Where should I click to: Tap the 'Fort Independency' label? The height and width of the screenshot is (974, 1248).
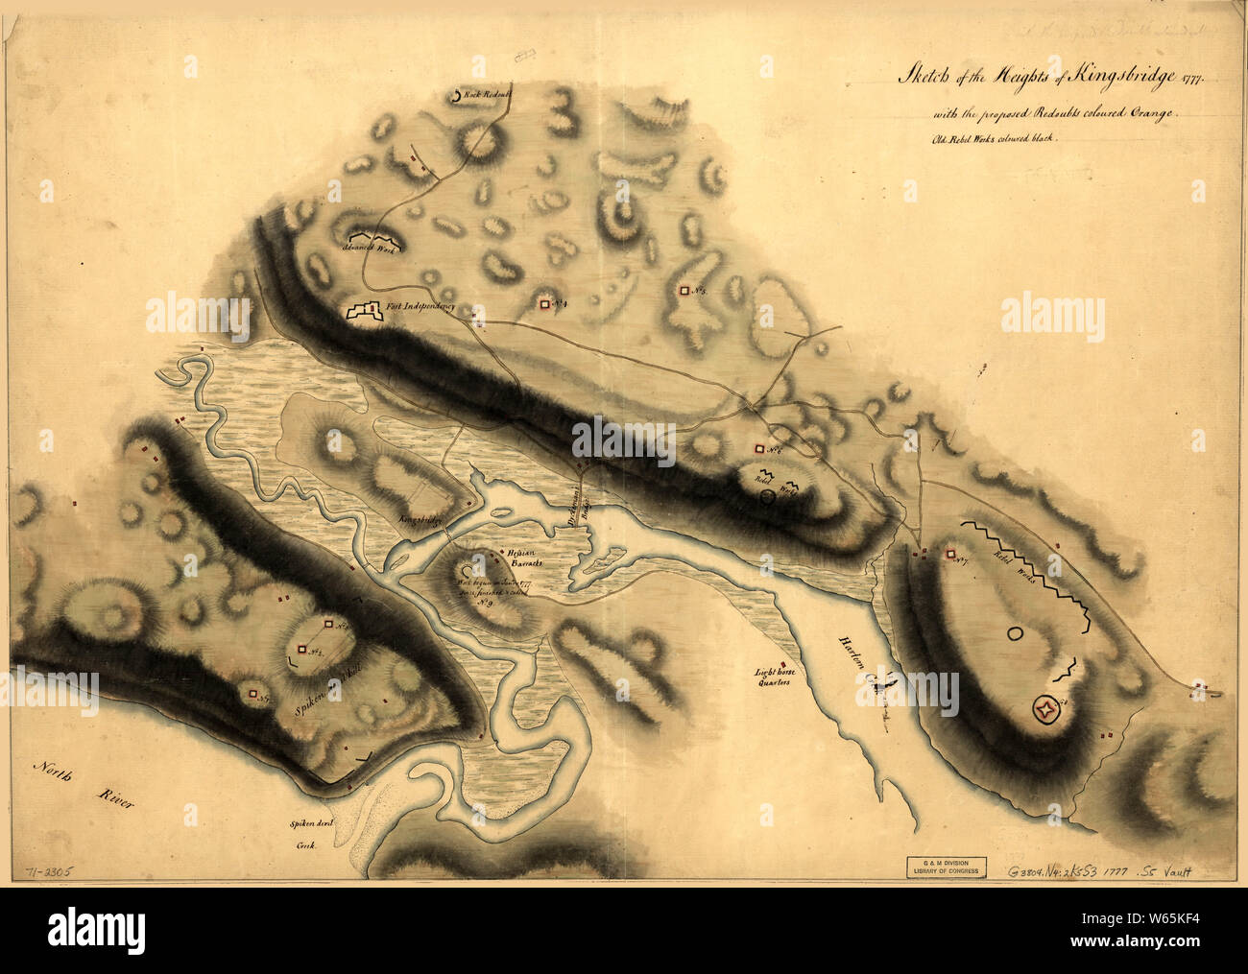(x=420, y=308)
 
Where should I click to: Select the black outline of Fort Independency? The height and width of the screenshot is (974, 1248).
(x=363, y=312)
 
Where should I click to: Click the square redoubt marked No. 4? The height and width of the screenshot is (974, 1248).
(x=544, y=304)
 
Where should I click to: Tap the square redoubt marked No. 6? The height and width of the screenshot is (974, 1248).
(x=759, y=448)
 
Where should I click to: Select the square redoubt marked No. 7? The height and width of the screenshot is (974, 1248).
(x=949, y=554)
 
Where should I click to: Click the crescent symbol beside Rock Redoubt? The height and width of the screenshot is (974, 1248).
(x=455, y=96)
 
